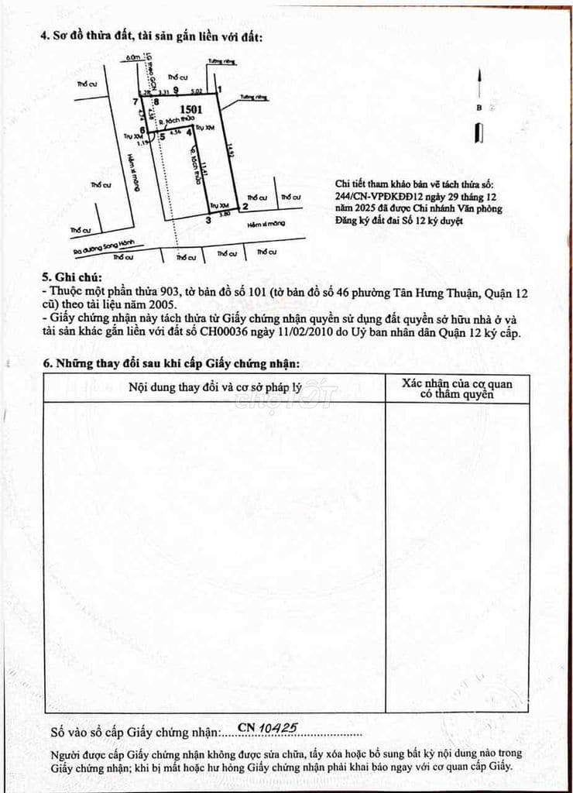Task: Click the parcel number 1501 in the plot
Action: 190,110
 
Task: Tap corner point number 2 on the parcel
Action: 245,207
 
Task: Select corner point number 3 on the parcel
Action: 208,220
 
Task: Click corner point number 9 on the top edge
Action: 177,90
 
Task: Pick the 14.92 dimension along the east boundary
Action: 230,155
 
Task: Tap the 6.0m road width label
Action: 136,57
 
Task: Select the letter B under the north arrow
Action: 479,108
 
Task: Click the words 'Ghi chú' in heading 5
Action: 77,278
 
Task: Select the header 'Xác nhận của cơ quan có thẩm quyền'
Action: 457,389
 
